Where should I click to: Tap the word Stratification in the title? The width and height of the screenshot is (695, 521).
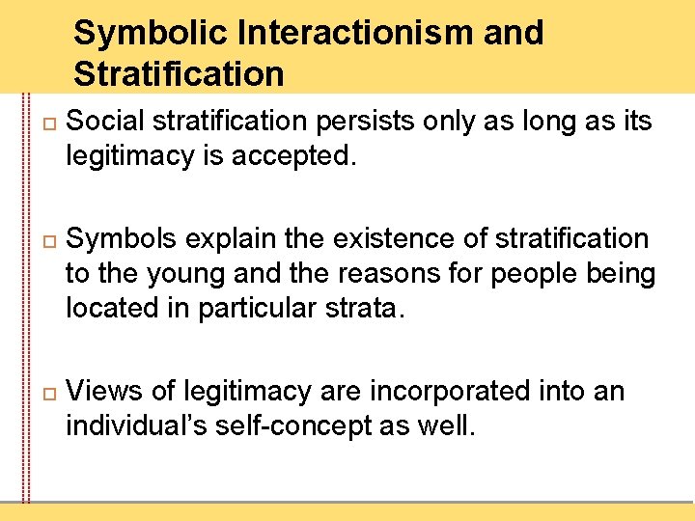(179, 73)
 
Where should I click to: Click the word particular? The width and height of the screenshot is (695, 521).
(267, 310)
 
